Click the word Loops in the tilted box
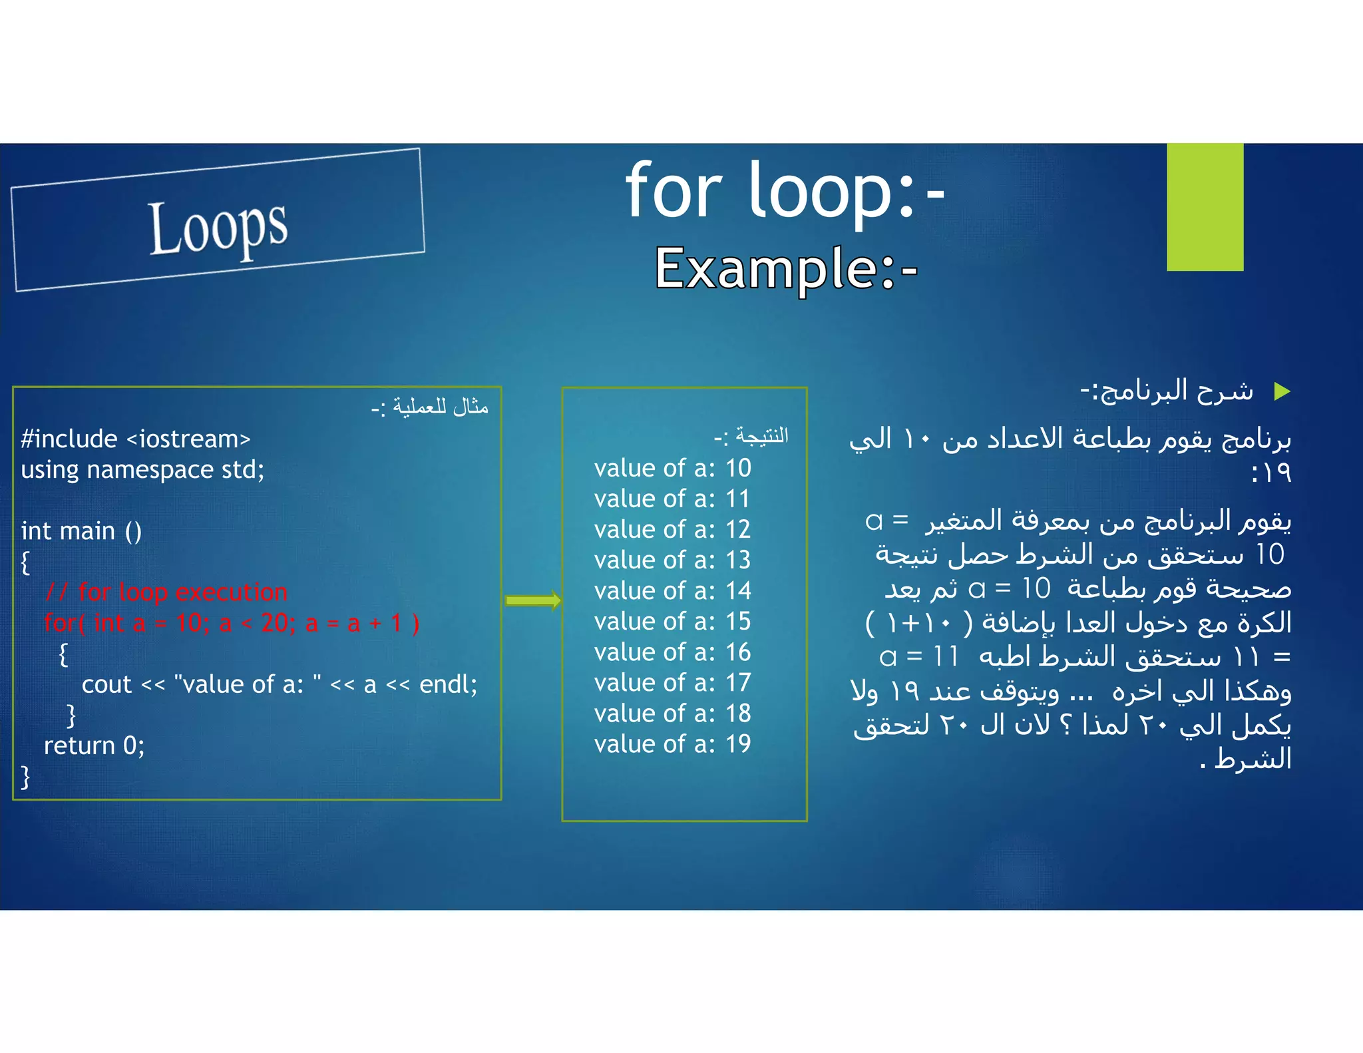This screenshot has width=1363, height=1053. tap(218, 227)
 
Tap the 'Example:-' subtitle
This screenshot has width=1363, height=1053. tap(786, 268)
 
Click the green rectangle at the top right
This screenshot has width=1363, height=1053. tap(1205, 206)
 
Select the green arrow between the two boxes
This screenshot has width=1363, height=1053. tap(533, 601)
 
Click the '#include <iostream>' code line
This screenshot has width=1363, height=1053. tap(136, 439)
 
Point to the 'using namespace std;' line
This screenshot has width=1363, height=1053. tap(142, 470)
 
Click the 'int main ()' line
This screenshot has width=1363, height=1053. tap(81, 531)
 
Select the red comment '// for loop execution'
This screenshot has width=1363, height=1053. tap(166, 592)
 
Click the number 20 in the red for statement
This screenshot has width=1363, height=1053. tap(274, 623)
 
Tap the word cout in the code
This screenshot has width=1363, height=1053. tap(106, 685)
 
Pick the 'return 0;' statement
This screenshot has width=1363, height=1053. tap(94, 746)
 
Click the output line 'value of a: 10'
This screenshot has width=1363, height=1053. tap(672, 469)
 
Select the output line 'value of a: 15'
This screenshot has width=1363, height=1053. tap(672, 622)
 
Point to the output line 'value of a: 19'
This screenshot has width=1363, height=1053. tap(672, 744)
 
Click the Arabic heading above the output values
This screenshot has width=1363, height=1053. tap(751, 437)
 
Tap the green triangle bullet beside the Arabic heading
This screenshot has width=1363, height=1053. tap(1282, 391)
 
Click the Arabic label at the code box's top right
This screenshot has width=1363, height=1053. tap(430, 406)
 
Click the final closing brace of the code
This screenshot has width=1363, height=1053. tap(26, 777)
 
